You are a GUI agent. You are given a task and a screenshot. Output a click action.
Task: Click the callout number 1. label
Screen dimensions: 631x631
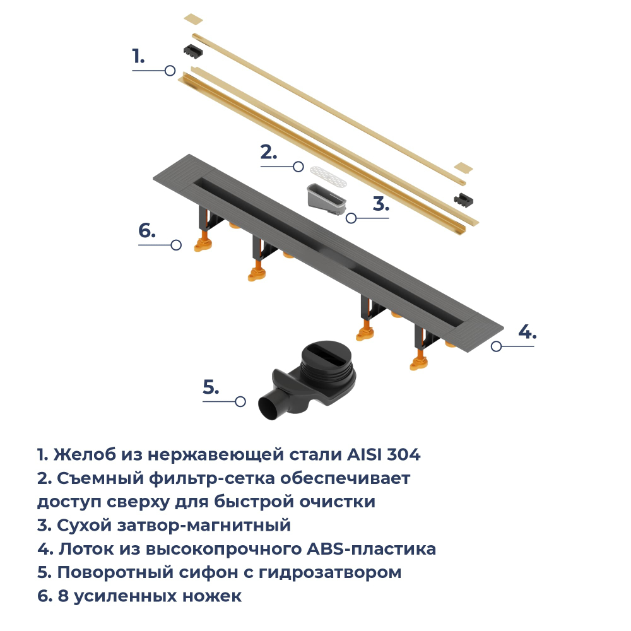[x=138, y=56]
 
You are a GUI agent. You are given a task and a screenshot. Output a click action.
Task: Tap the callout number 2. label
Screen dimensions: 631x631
[x=269, y=152]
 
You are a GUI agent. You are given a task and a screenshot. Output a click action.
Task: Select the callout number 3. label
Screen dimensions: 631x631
[x=380, y=204]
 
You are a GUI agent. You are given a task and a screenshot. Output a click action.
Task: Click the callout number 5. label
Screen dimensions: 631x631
[x=211, y=387]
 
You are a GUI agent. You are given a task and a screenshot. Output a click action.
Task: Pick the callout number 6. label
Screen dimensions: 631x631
[x=146, y=231]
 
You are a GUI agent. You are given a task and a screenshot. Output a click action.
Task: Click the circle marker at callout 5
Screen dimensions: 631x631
[x=240, y=401]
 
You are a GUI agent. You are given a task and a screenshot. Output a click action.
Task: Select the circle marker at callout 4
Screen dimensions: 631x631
[x=497, y=346]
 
